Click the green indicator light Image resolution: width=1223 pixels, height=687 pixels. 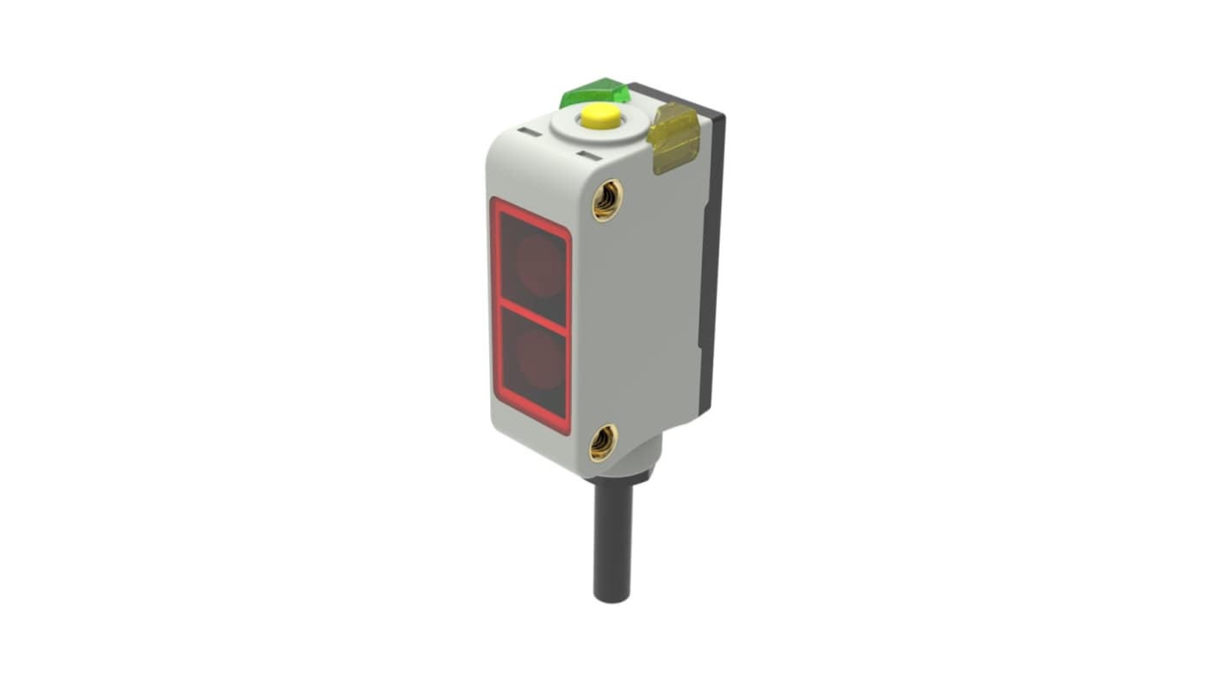[x=593, y=92]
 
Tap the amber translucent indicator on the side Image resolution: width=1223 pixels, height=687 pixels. [x=675, y=137]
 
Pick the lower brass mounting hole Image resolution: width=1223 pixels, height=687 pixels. [x=603, y=442]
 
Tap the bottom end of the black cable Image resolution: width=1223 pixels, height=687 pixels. [x=612, y=596]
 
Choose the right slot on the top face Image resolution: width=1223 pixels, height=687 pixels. [x=587, y=156]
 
